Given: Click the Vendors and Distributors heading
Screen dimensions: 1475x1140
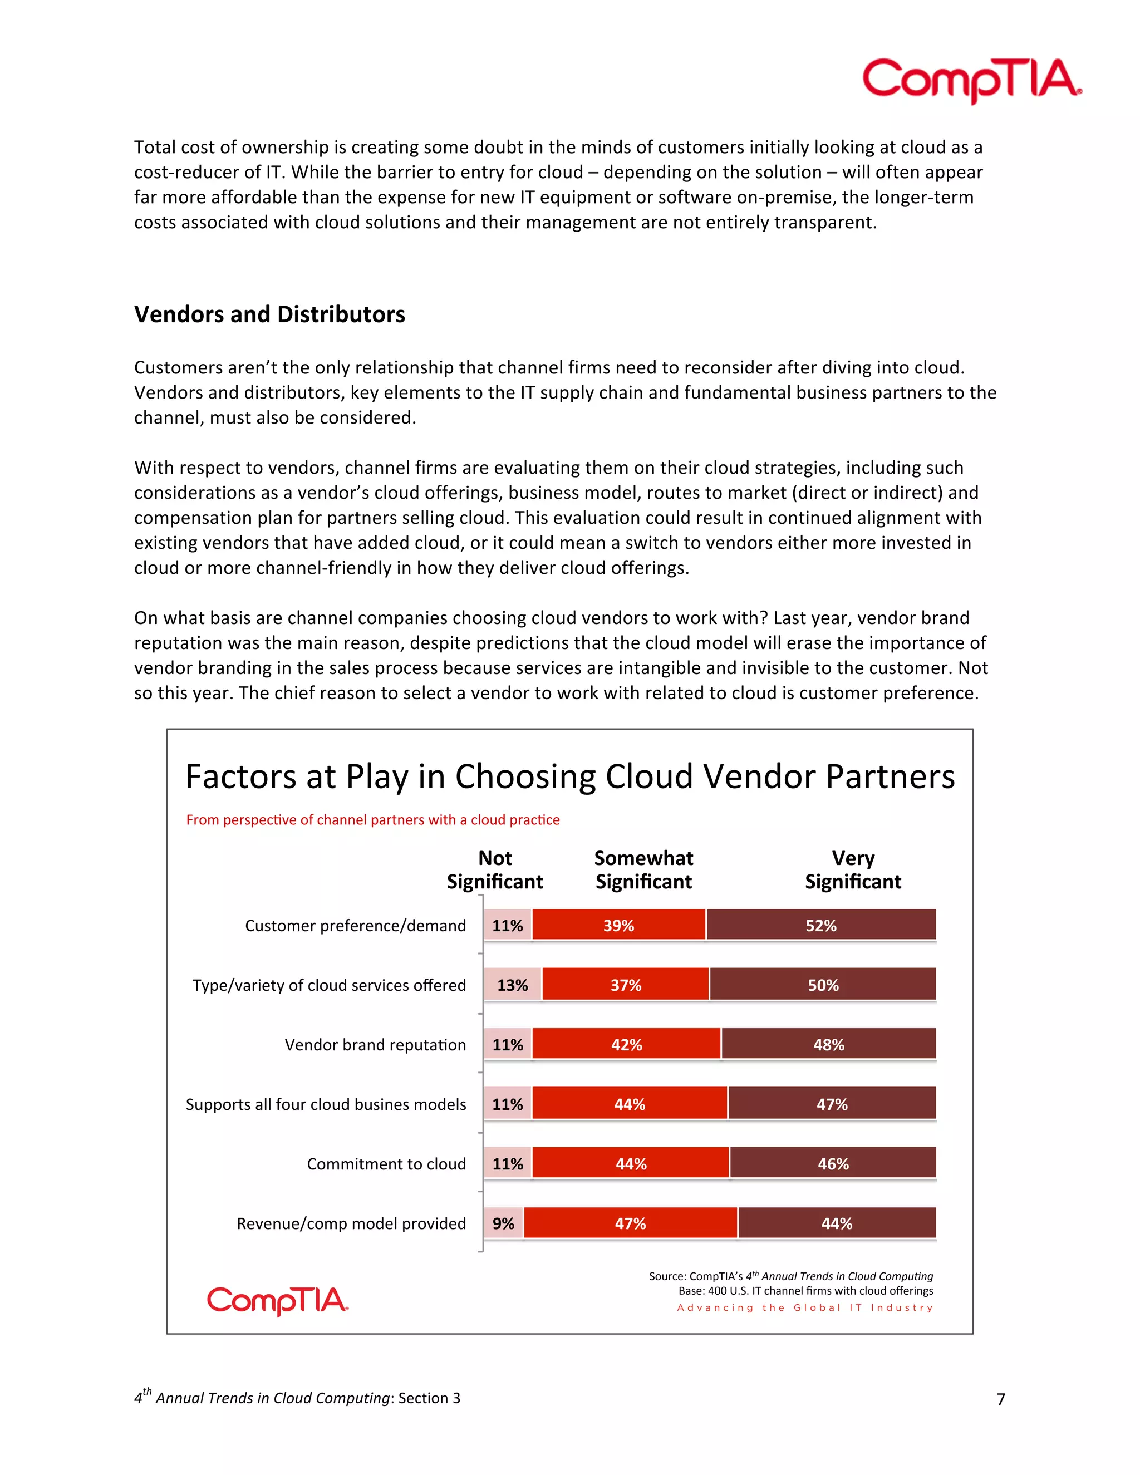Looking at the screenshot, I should [269, 314].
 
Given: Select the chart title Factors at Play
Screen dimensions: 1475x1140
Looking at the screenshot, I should [569, 776].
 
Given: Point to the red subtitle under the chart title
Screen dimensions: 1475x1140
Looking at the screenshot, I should [373, 820].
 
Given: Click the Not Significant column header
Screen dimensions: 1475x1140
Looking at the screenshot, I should [494, 870].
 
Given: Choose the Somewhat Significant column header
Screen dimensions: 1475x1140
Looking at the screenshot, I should [643, 870].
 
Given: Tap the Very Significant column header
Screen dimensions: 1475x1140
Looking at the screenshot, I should [852, 870].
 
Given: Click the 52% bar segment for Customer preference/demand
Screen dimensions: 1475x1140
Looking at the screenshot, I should [820, 925].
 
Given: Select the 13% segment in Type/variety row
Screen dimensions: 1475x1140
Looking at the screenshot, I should [512, 985].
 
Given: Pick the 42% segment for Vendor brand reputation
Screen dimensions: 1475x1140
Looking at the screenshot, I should [626, 1045].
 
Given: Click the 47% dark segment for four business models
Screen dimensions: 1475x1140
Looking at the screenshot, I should [832, 1104].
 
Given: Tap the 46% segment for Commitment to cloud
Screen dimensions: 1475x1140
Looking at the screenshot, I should [833, 1164].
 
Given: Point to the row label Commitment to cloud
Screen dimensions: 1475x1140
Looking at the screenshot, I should [386, 1164].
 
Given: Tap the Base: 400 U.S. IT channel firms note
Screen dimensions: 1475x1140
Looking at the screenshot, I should [805, 1291].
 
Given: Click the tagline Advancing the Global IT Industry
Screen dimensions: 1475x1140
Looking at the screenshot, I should [805, 1308].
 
